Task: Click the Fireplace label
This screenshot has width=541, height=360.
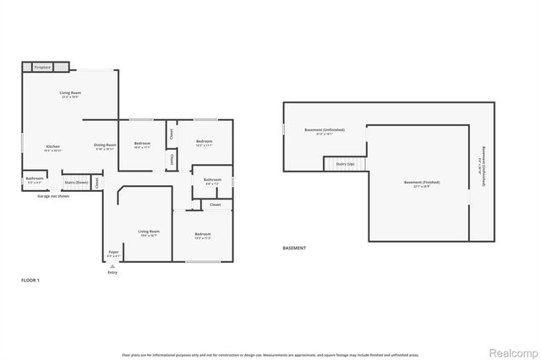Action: click(x=42, y=67)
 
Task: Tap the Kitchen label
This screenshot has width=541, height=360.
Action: click(x=52, y=146)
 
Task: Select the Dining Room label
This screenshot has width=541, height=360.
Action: click(x=104, y=145)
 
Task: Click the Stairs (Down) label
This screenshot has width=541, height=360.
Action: click(x=77, y=182)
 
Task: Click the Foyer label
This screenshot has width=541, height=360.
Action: click(x=113, y=252)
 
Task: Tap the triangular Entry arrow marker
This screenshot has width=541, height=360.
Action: click(x=112, y=265)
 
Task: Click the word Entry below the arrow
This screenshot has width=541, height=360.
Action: click(x=112, y=272)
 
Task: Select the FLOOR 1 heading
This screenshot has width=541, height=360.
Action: click(x=30, y=279)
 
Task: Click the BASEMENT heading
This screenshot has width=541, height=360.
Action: click(x=294, y=248)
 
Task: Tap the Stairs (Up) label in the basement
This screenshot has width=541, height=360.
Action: click(x=345, y=164)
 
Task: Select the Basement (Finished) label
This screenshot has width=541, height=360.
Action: click(x=421, y=183)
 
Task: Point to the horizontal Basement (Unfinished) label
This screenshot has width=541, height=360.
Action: click(x=325, y=129)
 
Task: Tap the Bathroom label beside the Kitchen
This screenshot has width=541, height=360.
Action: click(x=35, y=178)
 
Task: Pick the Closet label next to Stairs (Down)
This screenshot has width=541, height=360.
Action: click(x=97, y=181)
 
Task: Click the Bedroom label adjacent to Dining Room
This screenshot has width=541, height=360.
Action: click(x=142, y=143)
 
